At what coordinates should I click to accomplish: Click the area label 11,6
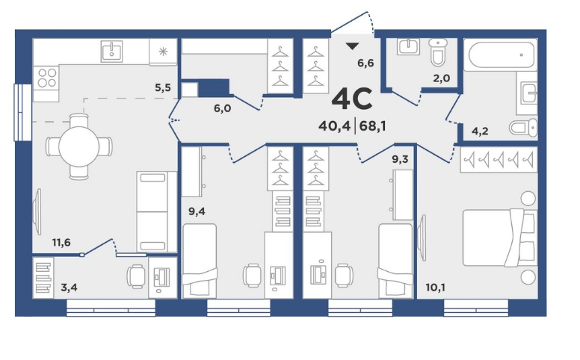click(x=61, y=243)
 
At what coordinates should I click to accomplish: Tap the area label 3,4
click(x=70, y=288)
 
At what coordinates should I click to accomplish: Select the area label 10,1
click(x=435, y=288)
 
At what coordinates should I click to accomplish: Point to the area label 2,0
click(x=442, y=78)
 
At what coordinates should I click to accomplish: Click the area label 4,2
click(x=480, y=131)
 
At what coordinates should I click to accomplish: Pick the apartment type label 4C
click(x=352, y=99)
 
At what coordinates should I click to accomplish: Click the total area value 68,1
click(x=372, y=126)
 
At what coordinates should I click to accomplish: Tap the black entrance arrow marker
click(x=353, y=46)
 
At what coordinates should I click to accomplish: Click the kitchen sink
click(x=111, y=52)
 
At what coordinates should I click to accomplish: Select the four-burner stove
click(x=46, y=77)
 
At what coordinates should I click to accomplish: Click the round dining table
click(x=78, y=146)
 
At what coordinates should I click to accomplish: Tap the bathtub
click(x=502, y=55)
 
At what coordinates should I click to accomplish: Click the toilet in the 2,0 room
click(x=438, y=52)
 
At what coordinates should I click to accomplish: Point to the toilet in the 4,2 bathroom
click(x=523, y=128)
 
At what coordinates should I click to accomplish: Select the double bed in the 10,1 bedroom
click(x=500, y=238)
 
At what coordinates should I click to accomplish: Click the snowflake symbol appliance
click(x=163, y=52)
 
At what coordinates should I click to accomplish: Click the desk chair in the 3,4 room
click(x=136, y=276)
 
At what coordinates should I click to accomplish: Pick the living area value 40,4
click(x=334, y=126)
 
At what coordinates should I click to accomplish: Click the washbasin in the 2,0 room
click(x=408, y=47)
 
